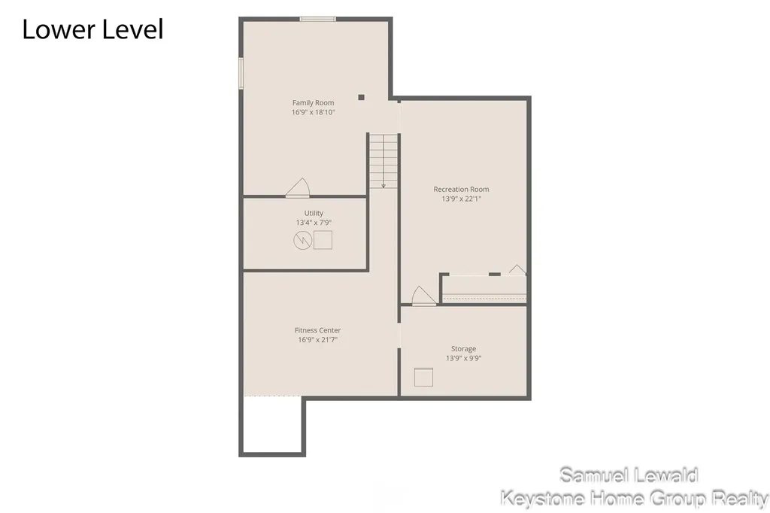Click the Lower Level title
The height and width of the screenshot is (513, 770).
pyautogui.click(x=92, y=29)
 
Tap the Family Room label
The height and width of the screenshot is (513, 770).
pyautogui.click(x=314, y=103)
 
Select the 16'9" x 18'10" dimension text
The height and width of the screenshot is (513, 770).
pyautogui.click(x=314, y=112)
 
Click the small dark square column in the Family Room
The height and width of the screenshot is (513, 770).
pyautogui.click(x=362, y=97)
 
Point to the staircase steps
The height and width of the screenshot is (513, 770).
pyautogui.click(x=383, y=161)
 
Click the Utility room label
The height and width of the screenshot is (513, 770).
pyautogui.click(x=314, y=213)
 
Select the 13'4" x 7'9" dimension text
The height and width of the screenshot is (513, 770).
pyautogui.click(x=314, y=223)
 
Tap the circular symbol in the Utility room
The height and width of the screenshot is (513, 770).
pyautogui.click(x=302, y=240)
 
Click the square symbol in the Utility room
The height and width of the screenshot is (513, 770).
pyautogui.click(x=323, y=240)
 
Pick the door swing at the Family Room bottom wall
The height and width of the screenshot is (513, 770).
pyautogui.click(x=298, y=188)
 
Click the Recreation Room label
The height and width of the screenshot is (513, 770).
pyautogui.click(x=461, y=190)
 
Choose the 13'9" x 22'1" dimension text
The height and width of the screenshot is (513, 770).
pyautogui.click(x=461, y=199)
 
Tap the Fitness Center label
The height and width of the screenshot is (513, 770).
pyautogui.click(x=318, y=330)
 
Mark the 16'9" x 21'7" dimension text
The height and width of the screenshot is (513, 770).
pyautogui.click(x=318, y=339)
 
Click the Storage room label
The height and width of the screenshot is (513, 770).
pyautogui.click(x=463, y=349)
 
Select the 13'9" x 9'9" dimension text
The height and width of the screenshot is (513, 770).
pyautogui.click(x=463, y=358)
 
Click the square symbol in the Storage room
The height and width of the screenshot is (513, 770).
pyautogui.click(x=423, y=377)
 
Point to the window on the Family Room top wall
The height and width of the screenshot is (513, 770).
pyautogui.click(x=318, y=19)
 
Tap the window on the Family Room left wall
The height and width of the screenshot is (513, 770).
pyautogui.click(x=241, y=73)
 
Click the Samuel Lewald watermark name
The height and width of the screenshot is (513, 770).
pyautogui.click(x=629, y=475)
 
